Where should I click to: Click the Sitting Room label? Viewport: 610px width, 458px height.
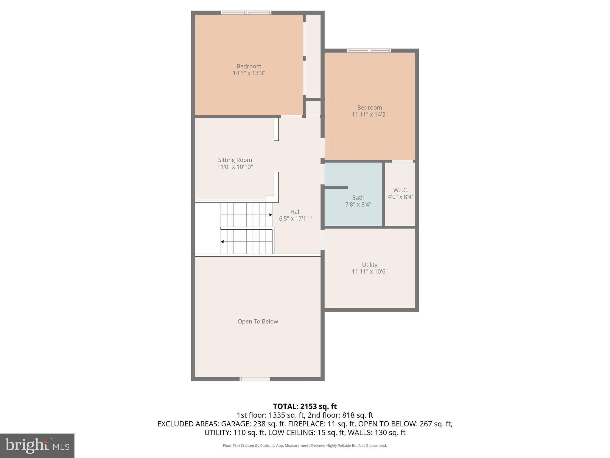point(235,160)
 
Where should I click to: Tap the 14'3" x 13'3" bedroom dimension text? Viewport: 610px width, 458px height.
point(249,73)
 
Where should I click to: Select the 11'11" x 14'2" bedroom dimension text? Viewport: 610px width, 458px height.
point(369,114)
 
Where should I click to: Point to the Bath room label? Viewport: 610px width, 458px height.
point(358,197)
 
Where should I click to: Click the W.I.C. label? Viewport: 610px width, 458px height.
point(401,190)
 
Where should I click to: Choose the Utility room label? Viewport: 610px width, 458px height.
point(369,264)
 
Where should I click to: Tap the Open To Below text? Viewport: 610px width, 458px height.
point(258,321)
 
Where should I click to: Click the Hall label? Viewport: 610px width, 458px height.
point(295,212)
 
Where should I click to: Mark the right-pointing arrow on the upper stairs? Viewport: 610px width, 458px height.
point(270,215)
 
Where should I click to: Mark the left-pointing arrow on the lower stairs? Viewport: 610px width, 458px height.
point(222,242)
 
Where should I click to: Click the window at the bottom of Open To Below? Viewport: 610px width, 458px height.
point(255,379)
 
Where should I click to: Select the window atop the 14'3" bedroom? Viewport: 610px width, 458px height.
point(246,13)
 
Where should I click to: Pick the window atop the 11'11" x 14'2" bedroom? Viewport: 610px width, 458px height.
point(369,50)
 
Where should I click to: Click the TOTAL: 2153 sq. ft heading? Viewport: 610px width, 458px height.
point(305,406)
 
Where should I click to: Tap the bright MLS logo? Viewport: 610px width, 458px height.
point(37,445)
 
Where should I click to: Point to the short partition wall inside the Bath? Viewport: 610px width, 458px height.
point(336,187)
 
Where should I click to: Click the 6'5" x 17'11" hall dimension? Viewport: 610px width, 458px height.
point(295,219)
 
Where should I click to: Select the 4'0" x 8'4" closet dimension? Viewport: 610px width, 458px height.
point(401,197)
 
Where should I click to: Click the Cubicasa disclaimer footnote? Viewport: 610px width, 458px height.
point(305,445)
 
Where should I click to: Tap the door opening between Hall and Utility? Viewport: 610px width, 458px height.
point(322,240)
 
